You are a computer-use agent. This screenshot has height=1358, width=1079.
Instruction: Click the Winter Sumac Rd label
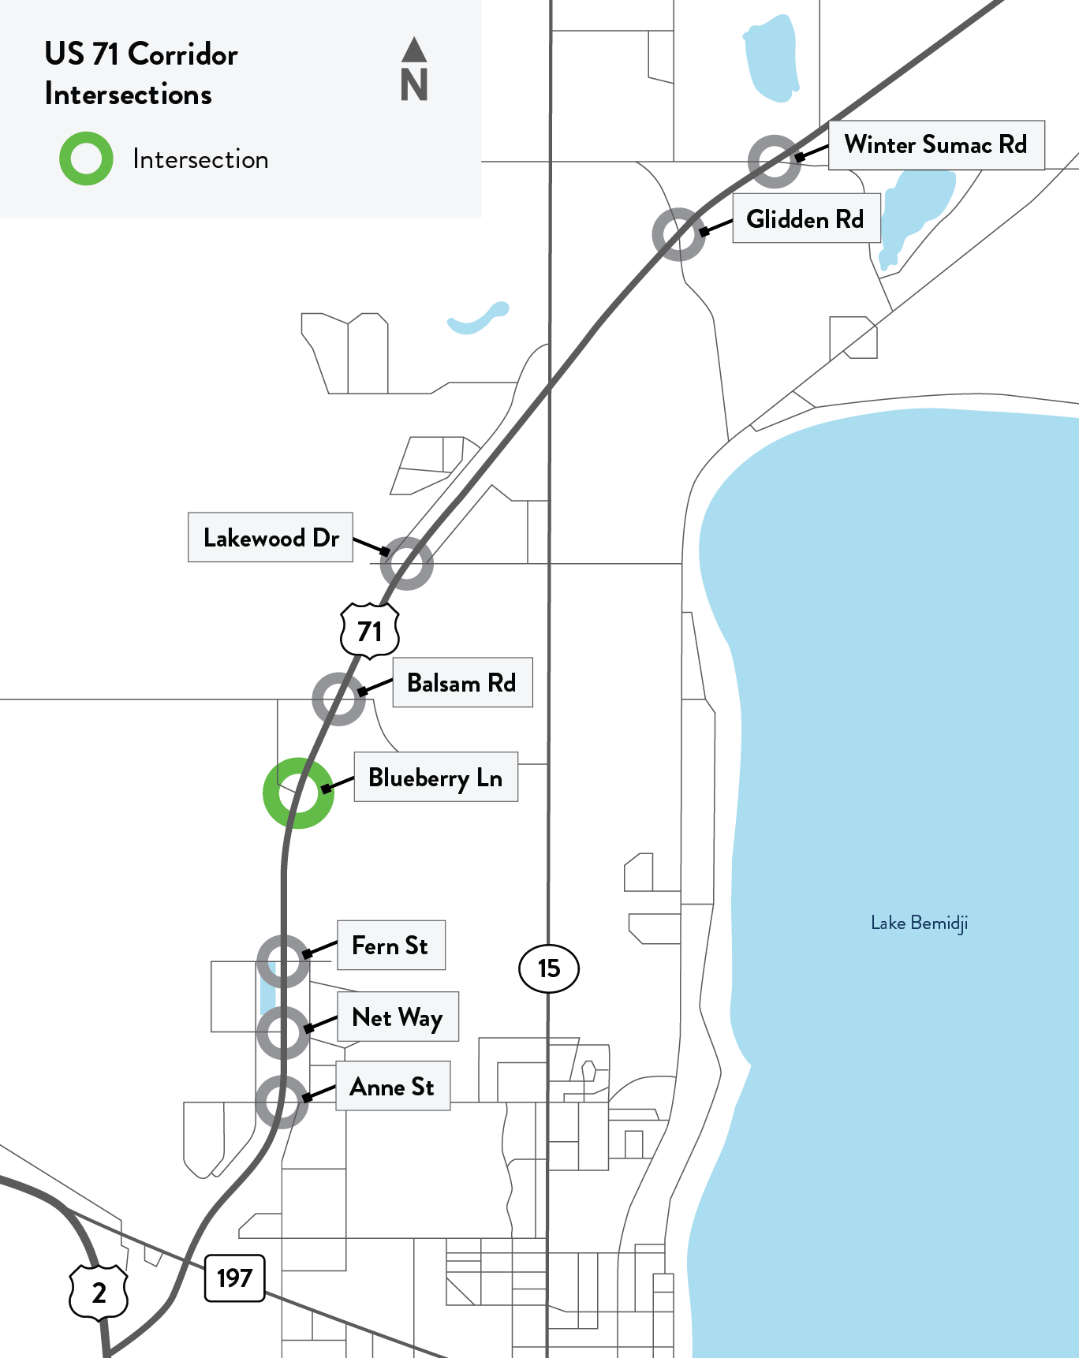click(936, 145)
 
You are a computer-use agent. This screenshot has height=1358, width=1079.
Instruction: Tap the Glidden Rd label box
click(805, 218)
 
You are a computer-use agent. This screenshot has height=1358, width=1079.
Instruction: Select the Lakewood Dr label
click(271, 538)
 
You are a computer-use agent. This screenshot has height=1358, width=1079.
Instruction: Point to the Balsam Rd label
click(462, 682)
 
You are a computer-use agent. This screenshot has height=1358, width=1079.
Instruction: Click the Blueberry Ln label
click(435, 778)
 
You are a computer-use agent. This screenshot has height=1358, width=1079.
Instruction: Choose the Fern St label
click(390, 945)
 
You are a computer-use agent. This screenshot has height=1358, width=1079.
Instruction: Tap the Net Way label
click(398, 1017)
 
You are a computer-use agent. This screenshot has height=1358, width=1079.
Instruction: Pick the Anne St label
click(393, 1086)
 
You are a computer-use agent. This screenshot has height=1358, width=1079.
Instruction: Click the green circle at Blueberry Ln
click(298, 793)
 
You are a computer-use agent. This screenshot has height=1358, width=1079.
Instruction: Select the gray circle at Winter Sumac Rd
click(775, 162)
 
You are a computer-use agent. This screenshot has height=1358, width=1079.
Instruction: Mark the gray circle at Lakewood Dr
click(406, 563)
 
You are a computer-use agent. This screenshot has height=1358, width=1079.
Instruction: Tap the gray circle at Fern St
click(283, 961)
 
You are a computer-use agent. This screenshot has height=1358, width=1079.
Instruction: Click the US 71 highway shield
click(370, 630)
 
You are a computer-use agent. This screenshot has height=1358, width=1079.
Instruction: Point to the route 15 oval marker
click(549, 968)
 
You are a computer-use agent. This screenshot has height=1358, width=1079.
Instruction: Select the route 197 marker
click(234, 1278)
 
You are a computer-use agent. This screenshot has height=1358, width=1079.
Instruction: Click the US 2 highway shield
click(99, 1292)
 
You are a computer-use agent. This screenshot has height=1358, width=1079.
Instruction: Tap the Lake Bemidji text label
click(919, 923)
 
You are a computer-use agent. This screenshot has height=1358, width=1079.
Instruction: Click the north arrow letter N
click(414, 84)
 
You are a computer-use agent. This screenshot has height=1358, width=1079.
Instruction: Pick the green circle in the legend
click(86, 159)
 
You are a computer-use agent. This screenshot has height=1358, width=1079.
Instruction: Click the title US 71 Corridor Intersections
click(141, 73)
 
